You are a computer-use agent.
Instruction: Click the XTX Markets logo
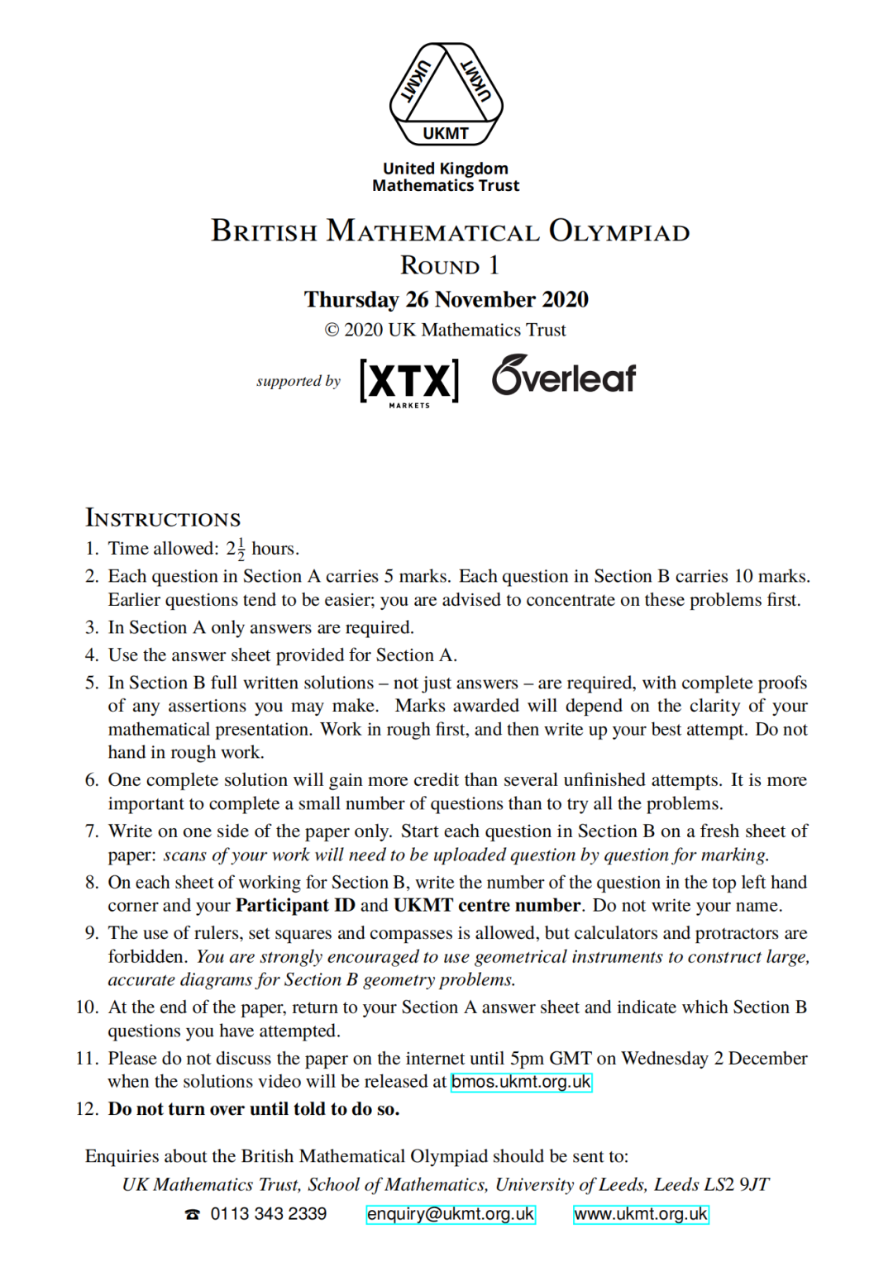409,382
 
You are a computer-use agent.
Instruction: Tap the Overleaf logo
564,376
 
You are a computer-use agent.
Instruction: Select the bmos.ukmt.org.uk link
521,1082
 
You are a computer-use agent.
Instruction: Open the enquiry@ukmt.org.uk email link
451,1214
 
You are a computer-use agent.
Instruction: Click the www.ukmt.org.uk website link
641,1214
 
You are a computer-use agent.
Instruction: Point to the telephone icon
193,1214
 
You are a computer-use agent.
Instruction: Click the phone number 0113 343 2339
268,1214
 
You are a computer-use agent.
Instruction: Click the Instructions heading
163,519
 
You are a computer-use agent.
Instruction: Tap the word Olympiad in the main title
619,231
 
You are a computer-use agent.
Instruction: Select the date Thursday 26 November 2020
446,299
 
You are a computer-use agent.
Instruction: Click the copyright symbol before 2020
332,331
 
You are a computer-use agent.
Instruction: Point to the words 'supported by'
298,381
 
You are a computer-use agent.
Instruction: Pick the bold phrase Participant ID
295,906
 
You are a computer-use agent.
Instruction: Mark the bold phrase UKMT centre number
487,906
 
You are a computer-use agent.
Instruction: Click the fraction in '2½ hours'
241,549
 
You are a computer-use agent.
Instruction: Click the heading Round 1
449,265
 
